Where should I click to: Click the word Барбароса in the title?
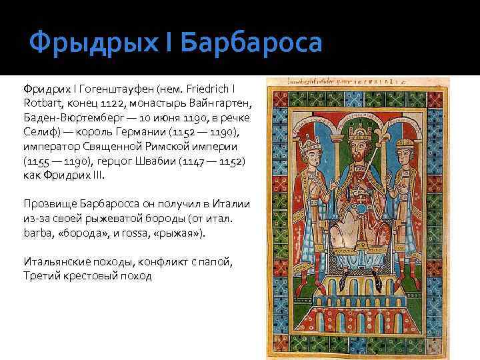[x=251, y=43]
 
